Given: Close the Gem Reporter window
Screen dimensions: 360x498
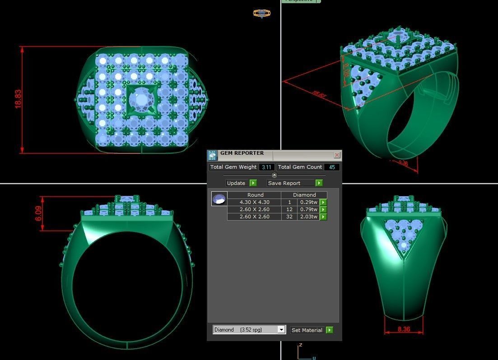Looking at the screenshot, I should (x=337, y=155).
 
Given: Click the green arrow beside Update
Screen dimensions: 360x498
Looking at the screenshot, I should (x=253, y=183).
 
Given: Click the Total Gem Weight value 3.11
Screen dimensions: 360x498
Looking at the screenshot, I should (x=265, y=167).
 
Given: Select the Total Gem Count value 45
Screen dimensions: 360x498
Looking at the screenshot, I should (x=332, y=167).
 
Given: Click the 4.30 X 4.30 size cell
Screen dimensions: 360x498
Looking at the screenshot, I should (x=254, y=202).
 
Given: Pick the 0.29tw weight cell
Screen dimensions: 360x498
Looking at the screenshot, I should (x=308, y=202).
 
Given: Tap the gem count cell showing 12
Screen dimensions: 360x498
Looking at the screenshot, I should (x=289, y=209).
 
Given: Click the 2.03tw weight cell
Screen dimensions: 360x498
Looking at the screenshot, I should (x=308, y=217).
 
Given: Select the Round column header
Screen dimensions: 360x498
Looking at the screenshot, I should (x=255, y=195).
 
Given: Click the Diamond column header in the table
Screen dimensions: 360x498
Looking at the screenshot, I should (x=304, y=195).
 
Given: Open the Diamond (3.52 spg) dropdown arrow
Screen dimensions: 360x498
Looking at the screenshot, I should (x=281, y=330).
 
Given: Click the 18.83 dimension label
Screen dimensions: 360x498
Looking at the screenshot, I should (x=18, y=99).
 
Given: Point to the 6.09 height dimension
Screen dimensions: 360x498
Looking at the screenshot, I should (x=38, y=213).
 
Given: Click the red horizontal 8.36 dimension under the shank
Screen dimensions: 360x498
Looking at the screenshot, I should (x=404, y=330).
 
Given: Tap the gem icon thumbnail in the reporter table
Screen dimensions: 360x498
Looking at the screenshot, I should (x=219, y=198).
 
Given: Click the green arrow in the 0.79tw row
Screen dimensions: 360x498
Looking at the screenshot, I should (x=323, y=209).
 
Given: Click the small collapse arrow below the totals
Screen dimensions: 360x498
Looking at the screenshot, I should (x=274, y=175).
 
